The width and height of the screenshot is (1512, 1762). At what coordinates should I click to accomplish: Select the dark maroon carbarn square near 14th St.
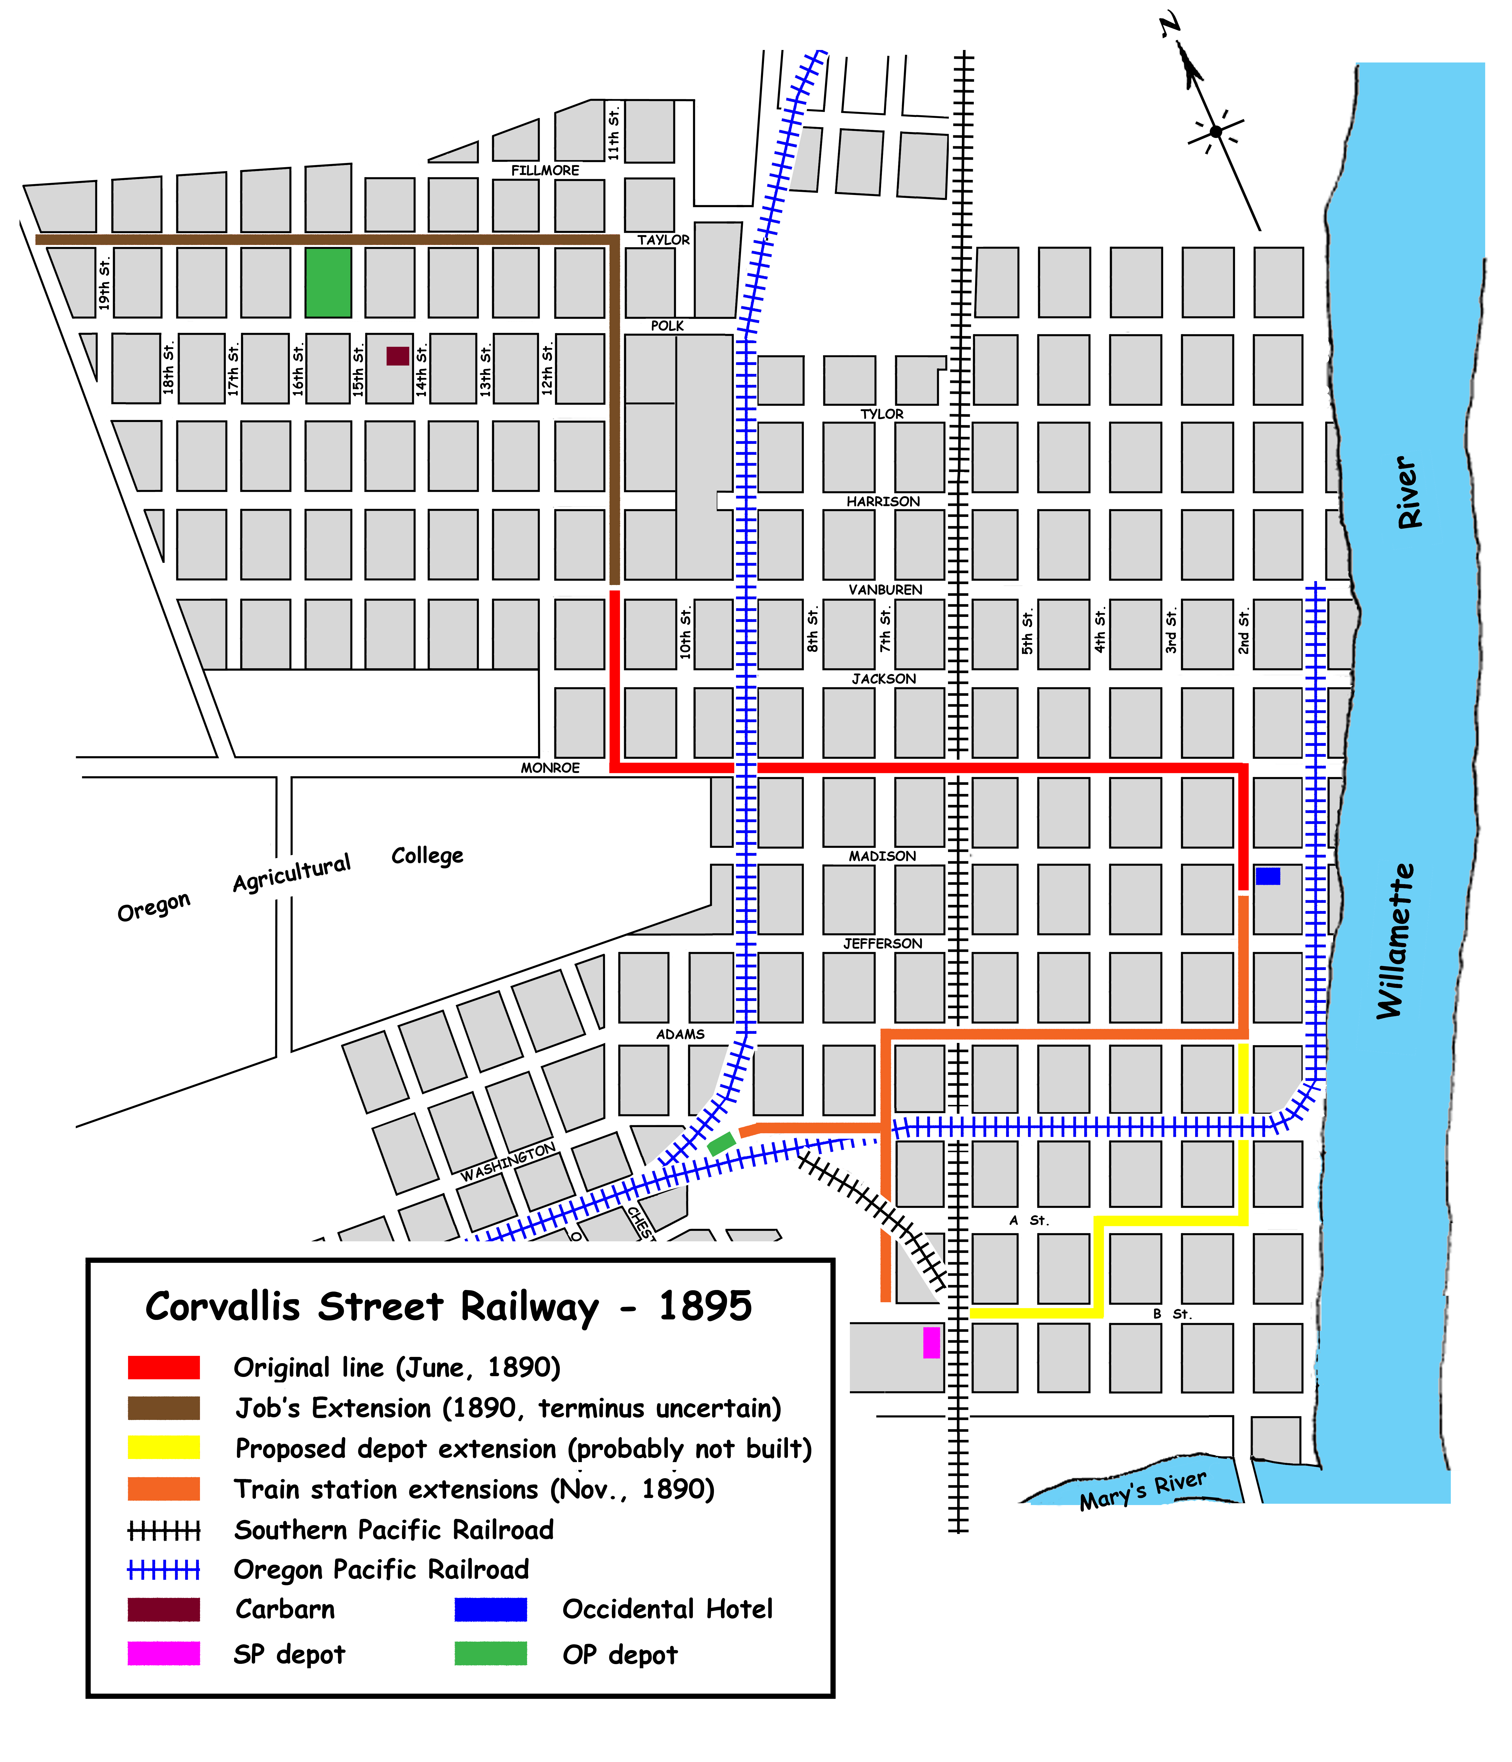click(x=397, y=355)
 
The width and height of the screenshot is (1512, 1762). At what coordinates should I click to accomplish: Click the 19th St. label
click(x=104, y=285)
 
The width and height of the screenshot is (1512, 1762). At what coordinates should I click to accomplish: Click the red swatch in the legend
click(x=163, y=1367)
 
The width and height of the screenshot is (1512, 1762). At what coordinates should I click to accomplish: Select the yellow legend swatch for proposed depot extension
click(x=163, y=1447)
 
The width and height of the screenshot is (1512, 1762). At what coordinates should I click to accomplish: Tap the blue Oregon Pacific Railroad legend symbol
click(x=163, y=1570)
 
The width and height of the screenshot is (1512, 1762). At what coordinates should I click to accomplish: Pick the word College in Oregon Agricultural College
click(x=427, y=855)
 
